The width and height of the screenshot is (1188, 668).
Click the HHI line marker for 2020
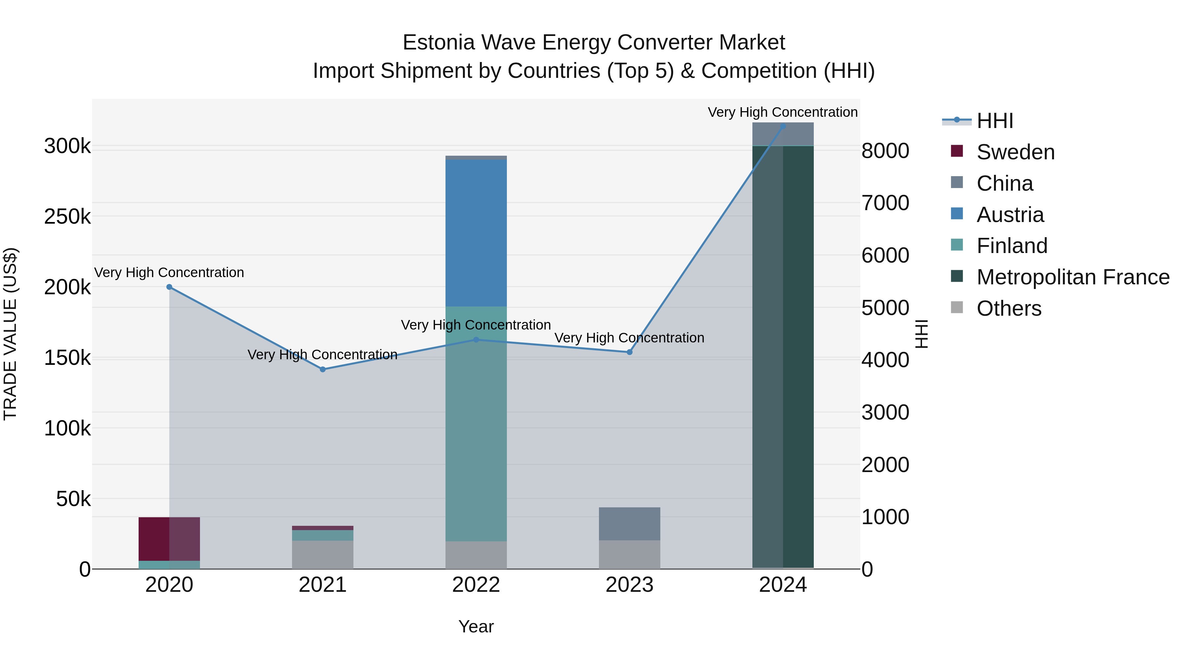coord(169,287)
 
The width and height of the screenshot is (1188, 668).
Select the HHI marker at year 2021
coord(323,369)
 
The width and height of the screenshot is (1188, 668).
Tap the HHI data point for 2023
coord(630,352)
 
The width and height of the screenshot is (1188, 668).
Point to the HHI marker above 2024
coord(783,126)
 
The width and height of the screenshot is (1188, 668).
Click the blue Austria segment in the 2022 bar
coord(476,233)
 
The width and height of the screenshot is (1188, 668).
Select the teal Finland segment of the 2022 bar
coord(476,424)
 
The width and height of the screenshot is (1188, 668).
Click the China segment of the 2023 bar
coord(630,523)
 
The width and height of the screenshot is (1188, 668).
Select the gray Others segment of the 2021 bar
coord(323,555)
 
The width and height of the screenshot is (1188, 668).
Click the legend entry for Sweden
coord(1015,152)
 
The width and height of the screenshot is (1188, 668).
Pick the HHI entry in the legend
coord(995,121)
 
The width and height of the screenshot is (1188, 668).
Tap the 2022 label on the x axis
coord(476,585)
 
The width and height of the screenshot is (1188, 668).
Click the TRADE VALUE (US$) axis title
coord(10,334)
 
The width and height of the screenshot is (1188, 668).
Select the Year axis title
coord(476,626)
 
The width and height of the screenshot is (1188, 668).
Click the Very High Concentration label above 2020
coord(169,272)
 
